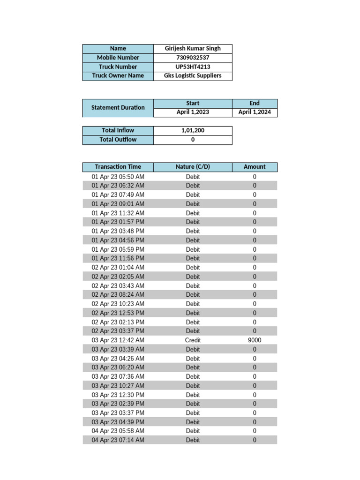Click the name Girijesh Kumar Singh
[x=193, y=48]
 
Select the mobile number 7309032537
[x=193, y=58]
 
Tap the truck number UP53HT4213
[x=193, y=67]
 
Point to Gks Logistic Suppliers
[x=193, y=75]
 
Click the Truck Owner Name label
[x=118, y=75]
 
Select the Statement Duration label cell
[x=118, y=107]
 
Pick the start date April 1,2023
[x=193, y=112]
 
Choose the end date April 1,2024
[x=255, y=112]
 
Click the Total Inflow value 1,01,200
[x=193, y=130]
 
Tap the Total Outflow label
[x=118, y=139]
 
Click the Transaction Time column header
[x=118, y=166]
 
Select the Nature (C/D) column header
[x=193, y=166]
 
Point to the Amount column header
[x=255, y=166]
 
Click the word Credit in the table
[x=193, y=340]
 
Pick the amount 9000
[x=255, y=340]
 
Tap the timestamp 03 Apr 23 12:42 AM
[x=118, y=340]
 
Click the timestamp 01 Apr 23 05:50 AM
[x=118, y=177]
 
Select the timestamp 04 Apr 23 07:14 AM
[x=118, y=440]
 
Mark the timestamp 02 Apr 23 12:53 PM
[x=118, y=313]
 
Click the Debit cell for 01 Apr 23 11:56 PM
[x=193, y=258]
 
